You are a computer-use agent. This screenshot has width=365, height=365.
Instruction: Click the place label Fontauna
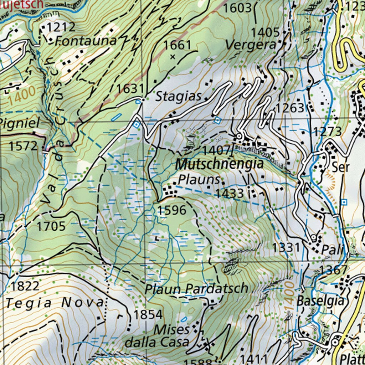click(87, 41)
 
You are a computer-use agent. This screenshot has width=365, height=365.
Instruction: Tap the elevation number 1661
click(178, 45)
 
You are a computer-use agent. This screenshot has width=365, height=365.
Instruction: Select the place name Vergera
click(251, 45)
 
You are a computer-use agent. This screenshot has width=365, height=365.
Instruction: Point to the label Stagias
click(179, 96)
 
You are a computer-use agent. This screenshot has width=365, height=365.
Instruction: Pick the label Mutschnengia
click(220, 164)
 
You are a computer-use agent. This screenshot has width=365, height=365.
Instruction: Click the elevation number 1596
click(172, 210)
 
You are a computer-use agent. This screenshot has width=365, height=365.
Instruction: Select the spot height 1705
click(51, 226)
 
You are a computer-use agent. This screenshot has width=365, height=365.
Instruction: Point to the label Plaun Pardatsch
click(196, 288)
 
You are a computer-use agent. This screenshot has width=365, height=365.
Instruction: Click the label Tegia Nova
click(55, 303)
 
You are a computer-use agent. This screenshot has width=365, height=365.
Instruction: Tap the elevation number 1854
click(148, 314)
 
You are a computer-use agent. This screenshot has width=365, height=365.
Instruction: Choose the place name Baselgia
click(322, 300)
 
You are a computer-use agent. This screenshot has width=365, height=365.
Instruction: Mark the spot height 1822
click(25, 286)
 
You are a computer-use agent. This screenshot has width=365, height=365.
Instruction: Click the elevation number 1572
click(23, 146)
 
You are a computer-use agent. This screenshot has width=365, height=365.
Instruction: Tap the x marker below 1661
click(173, 56)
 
